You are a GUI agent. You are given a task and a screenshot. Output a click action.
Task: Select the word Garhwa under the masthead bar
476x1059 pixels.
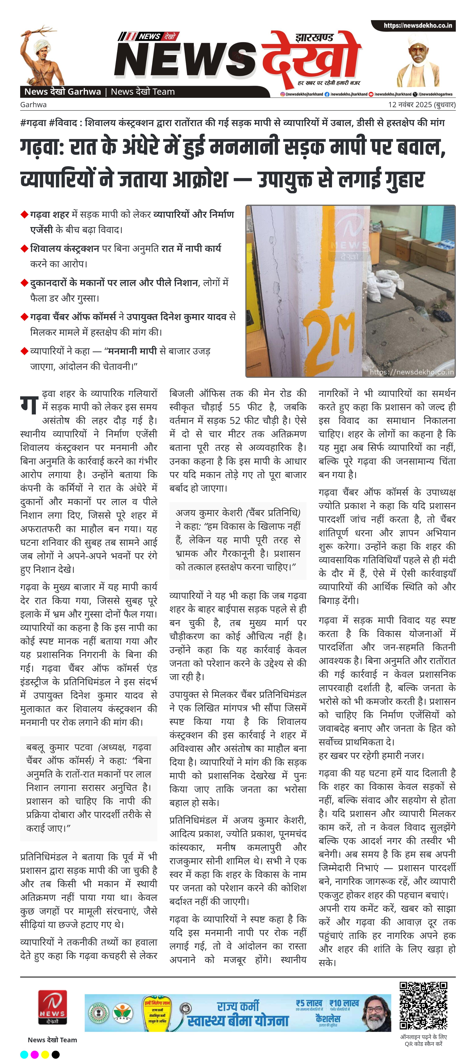(x=33, y=104)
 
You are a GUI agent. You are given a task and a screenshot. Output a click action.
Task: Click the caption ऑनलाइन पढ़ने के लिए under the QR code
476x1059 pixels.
(x=423, y=1037)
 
